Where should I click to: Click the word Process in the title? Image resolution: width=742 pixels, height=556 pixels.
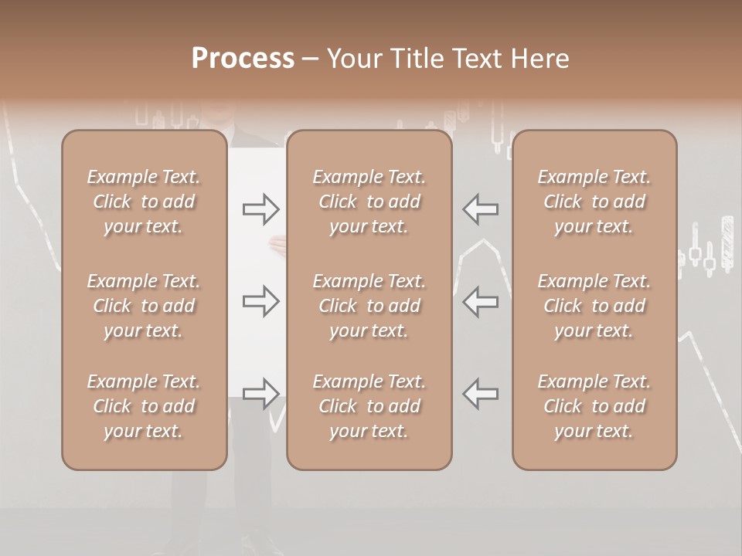point(243,59)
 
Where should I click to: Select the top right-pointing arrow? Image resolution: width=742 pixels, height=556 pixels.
point(261,208)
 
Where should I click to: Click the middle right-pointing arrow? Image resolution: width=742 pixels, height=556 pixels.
point(261,301)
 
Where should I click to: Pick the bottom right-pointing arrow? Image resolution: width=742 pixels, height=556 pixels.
point(261,394)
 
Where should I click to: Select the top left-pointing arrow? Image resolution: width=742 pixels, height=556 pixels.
point(481,208)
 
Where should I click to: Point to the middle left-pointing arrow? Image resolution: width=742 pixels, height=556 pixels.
point(481,301)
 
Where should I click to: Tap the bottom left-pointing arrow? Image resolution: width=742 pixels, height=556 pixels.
point(481,394)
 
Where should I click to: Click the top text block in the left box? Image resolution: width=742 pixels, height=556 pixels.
point(144,202)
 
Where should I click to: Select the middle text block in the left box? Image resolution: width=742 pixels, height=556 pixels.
point(144,306)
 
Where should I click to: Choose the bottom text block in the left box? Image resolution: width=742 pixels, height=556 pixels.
point(144,406)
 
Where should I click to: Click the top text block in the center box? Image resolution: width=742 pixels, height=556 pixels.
point(369,202)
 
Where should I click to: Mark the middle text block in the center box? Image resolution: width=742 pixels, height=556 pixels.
point(369,306)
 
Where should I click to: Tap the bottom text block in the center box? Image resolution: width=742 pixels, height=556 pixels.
point(369,406)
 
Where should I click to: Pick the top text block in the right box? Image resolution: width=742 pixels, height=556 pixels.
point(594,202)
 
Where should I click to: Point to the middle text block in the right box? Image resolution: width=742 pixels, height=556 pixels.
point(594,306)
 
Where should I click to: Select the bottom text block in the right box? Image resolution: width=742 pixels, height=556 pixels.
point(594,406)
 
